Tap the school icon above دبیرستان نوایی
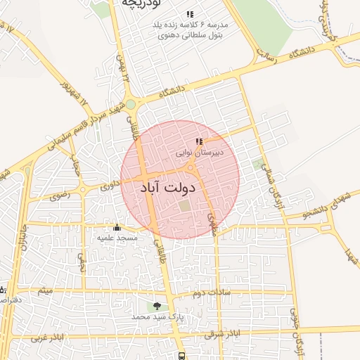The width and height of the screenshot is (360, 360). tap(199, 141)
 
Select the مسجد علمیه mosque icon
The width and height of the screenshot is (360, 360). tap(117, 227)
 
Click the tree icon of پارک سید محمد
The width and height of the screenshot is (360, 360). tap(157, 306)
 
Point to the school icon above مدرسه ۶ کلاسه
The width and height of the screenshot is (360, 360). tap(190, 14)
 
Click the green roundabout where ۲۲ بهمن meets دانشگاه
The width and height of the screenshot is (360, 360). tap(131, 105)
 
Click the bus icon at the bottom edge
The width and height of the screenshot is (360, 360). tap(183, 356)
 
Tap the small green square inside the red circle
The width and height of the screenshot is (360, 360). tap(185, 206)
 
